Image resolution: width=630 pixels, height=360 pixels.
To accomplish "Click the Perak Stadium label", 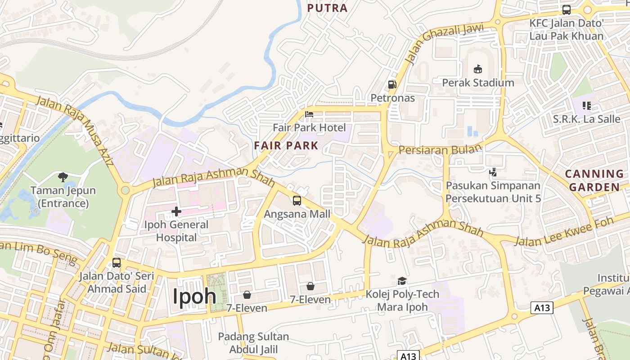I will [478, 83].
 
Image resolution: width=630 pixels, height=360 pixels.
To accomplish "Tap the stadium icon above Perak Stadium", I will [477, 69].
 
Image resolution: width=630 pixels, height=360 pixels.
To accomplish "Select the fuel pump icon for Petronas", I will [392, 85].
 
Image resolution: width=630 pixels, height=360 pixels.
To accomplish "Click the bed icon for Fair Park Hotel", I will [309, 114].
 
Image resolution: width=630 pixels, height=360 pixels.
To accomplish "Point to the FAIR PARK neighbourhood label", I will [286, 146].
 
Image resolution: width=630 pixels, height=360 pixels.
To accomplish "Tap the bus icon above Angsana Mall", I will [297, 201].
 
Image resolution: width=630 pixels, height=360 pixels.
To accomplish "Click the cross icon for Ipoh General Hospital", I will [176, 211].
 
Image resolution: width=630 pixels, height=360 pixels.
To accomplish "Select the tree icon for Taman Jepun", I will [63, 177].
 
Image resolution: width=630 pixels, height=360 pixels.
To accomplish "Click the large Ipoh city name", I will [195, 297].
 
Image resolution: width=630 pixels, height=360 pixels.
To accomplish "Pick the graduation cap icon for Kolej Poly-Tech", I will [402, 281].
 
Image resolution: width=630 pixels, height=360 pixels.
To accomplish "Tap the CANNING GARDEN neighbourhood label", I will [594, 180].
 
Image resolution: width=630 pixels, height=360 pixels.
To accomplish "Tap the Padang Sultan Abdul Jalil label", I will [253, 343].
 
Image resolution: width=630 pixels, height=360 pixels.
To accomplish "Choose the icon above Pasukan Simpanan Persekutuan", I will [493, 172].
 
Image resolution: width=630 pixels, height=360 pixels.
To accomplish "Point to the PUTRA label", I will [328, 8].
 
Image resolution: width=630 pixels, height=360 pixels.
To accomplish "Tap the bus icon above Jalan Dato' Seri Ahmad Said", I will [117, 263].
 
